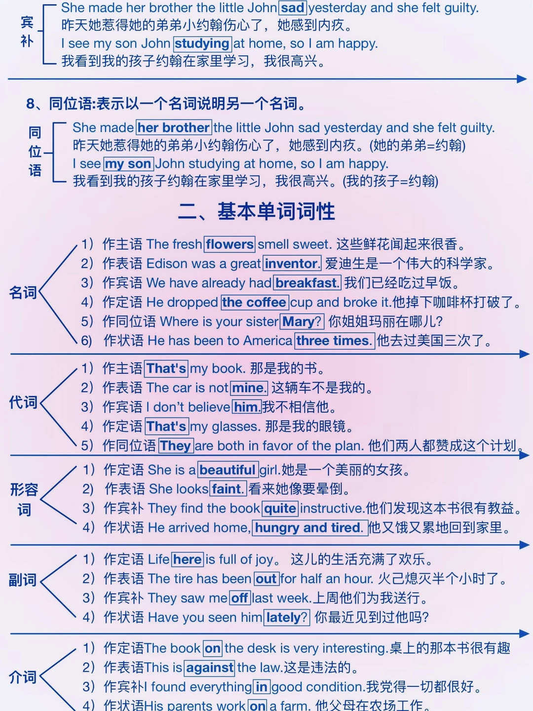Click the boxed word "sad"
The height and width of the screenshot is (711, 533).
pyautogui.click(x=293, y=8)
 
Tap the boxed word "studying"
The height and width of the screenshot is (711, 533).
pyautogui.click(x=202, y=43)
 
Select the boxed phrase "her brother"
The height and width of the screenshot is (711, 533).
pyautogui.click(x=174, y=127)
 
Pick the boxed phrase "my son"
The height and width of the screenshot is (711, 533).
pyautogui.click(x=128, y=163)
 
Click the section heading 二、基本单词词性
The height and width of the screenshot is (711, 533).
pyautogui.click(x=257, y=211)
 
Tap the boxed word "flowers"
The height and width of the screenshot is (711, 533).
pyautogui.click(x=229, y=244)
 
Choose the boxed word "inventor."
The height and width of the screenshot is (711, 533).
pyautogui.click(x=292, y=263)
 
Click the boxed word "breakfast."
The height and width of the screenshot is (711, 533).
pyautogui.click(x=307, y=282)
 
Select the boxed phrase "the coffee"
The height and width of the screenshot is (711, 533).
pyautogui.click(x=254, y=302)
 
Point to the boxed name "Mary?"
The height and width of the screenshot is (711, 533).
pyautogui.click(x=302, y=321)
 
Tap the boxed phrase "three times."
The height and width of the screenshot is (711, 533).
pyautogui.click(x=334, y=341)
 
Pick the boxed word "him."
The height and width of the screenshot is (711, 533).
pyautogui.click(x=246, y=407)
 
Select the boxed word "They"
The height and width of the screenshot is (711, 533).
pyautogui.click(x=176, y=445)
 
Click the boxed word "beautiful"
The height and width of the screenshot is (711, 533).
pyautogui.click(x=228, y=470)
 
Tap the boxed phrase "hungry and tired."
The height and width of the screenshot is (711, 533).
pyautogui.click(x=309, y=527)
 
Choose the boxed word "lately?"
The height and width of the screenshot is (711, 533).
pyautogui.click(x=287, y=617)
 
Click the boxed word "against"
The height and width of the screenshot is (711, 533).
pyautogui.click(x=210, y=668)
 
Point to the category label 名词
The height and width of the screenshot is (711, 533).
pyautogui.click(x=23, y=293)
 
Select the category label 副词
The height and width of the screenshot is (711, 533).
pyautogui.click(x=23, y=580)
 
